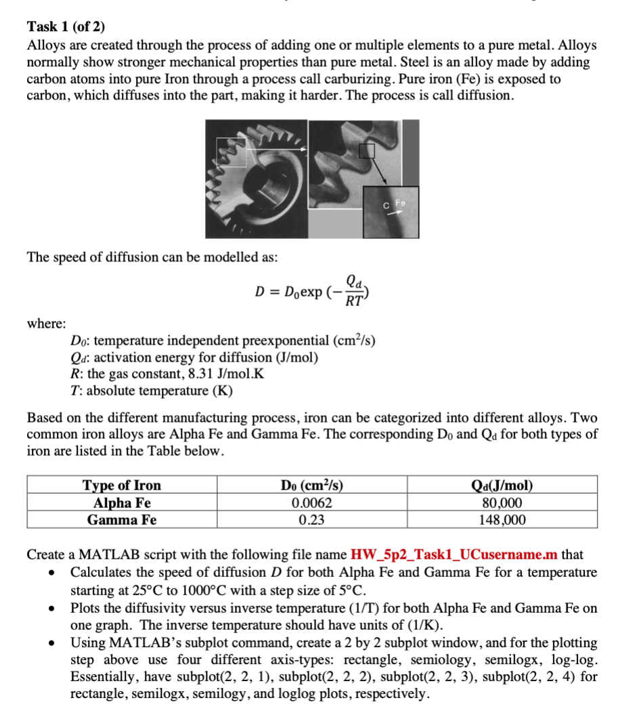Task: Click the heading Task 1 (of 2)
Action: [66, 28]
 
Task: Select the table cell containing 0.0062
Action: [311, 503]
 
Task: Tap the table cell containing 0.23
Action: [311, 520]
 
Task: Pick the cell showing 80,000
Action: [502, 503]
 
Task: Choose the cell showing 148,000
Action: [502, 520]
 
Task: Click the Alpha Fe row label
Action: [122, 503]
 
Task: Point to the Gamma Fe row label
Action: [122, 520]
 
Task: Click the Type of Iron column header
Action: [122, 485]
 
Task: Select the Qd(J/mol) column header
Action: [502, 485]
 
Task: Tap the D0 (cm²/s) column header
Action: [311, 485]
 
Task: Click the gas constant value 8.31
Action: [185, 374]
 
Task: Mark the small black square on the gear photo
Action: [366, 151]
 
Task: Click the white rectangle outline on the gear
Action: [232, 152]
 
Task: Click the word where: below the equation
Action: [46, 324]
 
